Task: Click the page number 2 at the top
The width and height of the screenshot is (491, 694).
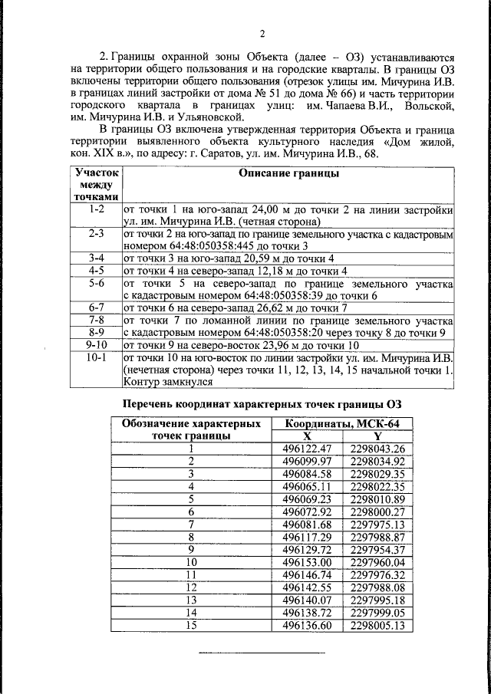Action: [x=262, y=33]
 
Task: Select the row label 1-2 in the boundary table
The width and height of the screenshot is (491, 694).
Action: [x=97, y=209]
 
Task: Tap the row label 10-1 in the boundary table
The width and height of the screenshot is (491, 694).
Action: [x=97, y=358]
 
